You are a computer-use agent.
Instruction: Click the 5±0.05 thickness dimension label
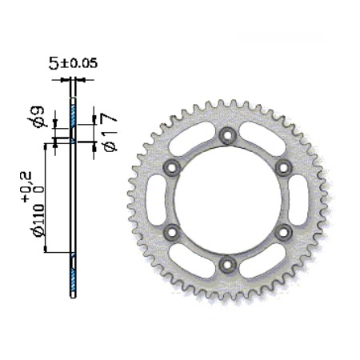pos(73,63)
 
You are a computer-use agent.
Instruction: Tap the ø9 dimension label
pos(36,117)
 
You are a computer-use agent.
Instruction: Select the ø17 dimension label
pos(110,132)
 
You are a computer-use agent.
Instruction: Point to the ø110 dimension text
pos(38,220)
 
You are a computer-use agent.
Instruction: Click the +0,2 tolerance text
pos(27,186)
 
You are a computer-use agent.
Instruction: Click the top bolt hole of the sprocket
pos(227,135)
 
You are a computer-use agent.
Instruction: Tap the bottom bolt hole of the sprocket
pos(227,265)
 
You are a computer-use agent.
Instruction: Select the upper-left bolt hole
pos(172,168)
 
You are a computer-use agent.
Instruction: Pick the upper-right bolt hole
pos(283,168)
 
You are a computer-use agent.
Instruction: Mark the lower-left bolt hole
pos(172,232)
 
